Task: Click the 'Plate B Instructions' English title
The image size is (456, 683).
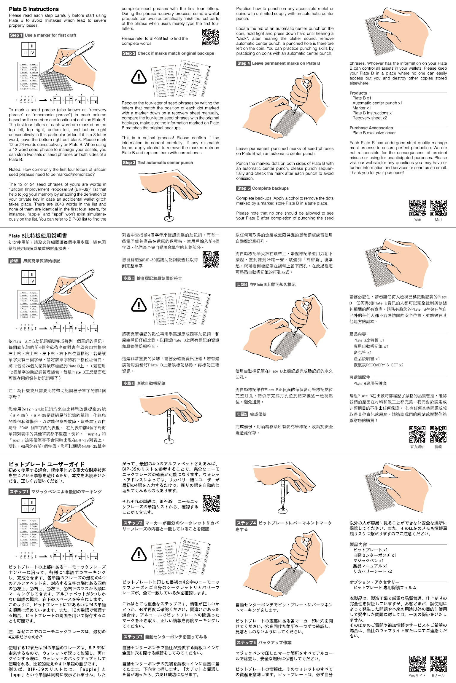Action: coord(34,9)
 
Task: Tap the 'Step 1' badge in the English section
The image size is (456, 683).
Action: coord(16,35)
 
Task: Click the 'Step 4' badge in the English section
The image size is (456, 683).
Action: coord(243,63)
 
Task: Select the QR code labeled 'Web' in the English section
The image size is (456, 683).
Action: coord(417,208)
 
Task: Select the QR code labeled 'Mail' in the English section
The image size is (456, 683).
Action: coord(438,208)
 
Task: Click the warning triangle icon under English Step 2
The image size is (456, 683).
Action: coord(139,77)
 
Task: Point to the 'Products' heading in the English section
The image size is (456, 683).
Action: coord(358,93)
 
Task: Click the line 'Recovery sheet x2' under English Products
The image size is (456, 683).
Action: coord(370,118)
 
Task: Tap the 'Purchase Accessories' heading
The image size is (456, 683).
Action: coord(371,128)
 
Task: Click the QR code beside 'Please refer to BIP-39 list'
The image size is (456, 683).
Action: coord(211,37)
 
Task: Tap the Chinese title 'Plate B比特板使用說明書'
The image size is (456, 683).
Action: coord(38,236)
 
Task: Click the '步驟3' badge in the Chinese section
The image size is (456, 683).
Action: coord(128,383)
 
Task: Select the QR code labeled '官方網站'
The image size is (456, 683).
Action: coord(417,435)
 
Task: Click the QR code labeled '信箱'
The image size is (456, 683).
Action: coord(438,435)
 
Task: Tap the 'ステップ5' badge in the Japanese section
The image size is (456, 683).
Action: coord(246,642)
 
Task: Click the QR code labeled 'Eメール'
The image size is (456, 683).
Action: coord(438,663)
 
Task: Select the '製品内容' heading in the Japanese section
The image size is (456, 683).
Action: coord(358,544)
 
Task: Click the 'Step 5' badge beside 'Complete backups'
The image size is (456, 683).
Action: coord(243,188)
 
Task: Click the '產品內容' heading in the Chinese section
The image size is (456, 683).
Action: coord(358,334)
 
